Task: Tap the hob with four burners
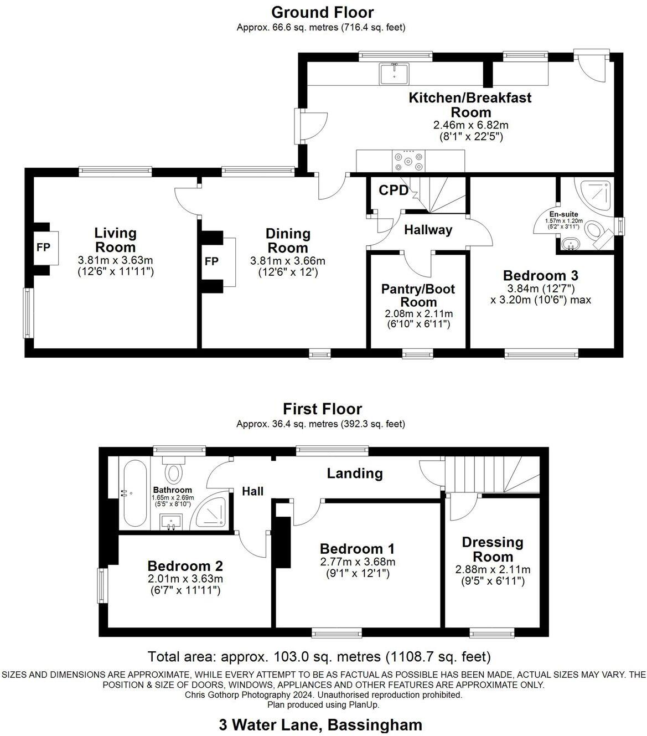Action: [408, 161]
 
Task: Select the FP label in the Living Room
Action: [43, 248]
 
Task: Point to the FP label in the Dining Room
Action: [211, 261]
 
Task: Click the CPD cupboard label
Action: [394, 191]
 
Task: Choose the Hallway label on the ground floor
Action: [428, 230]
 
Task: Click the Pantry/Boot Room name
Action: [418, 295]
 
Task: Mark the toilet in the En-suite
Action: [597, 232]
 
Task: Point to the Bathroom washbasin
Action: [171, 522]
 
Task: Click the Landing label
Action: [355, 473]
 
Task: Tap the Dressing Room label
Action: [493, 549]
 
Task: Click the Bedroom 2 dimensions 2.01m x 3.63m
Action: [185, 579]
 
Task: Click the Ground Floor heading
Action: [323, 12]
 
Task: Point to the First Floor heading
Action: [323, 409]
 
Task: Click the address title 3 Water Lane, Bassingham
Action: [320, 724]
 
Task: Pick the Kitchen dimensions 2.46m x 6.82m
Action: [471, 125]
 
